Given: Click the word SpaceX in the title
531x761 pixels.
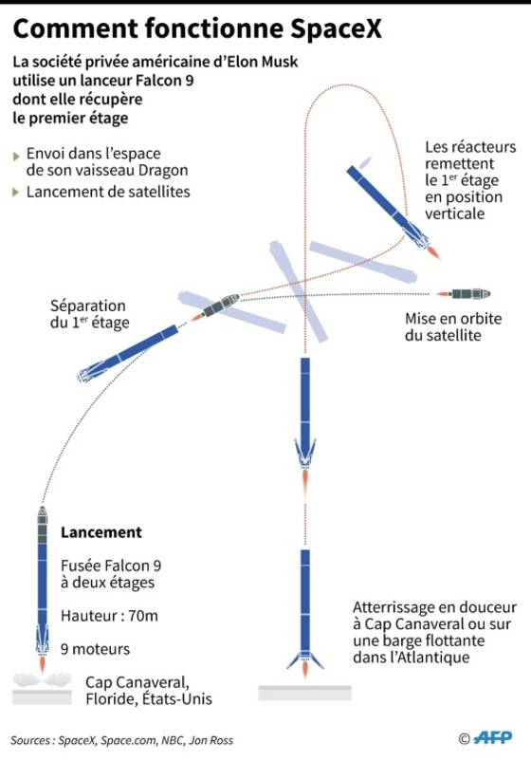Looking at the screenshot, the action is pos(336,29).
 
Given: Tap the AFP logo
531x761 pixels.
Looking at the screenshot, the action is pos(493,737).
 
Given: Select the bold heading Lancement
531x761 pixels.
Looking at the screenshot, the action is pos(101,532).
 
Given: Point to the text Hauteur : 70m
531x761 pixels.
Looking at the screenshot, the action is pos(109,616).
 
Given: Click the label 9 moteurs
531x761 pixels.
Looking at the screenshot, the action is pos(95,649).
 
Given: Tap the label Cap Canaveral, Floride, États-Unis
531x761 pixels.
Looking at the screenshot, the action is pos(149,690).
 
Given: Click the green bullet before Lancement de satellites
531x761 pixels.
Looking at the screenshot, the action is pos(16,193).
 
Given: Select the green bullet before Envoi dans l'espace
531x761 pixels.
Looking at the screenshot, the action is pos(16,157).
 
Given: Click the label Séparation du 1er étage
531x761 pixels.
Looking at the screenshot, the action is pos(90,314).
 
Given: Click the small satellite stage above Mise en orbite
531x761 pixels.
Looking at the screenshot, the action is pos(469,293).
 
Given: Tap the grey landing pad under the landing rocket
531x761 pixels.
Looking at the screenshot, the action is pos(305,693).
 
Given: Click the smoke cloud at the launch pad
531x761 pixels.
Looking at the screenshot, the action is pos(42,680).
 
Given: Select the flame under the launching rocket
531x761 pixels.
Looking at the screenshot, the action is pos(42,663).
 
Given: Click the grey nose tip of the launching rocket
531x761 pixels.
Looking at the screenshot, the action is pos(42,510).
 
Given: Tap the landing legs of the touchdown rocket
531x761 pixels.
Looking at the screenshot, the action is pos(305,660).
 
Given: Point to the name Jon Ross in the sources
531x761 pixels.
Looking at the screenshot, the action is pos(211,740).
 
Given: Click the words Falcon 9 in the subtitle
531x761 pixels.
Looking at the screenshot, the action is pos(166,80).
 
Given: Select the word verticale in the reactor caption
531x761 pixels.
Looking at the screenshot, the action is pos(454,213).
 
